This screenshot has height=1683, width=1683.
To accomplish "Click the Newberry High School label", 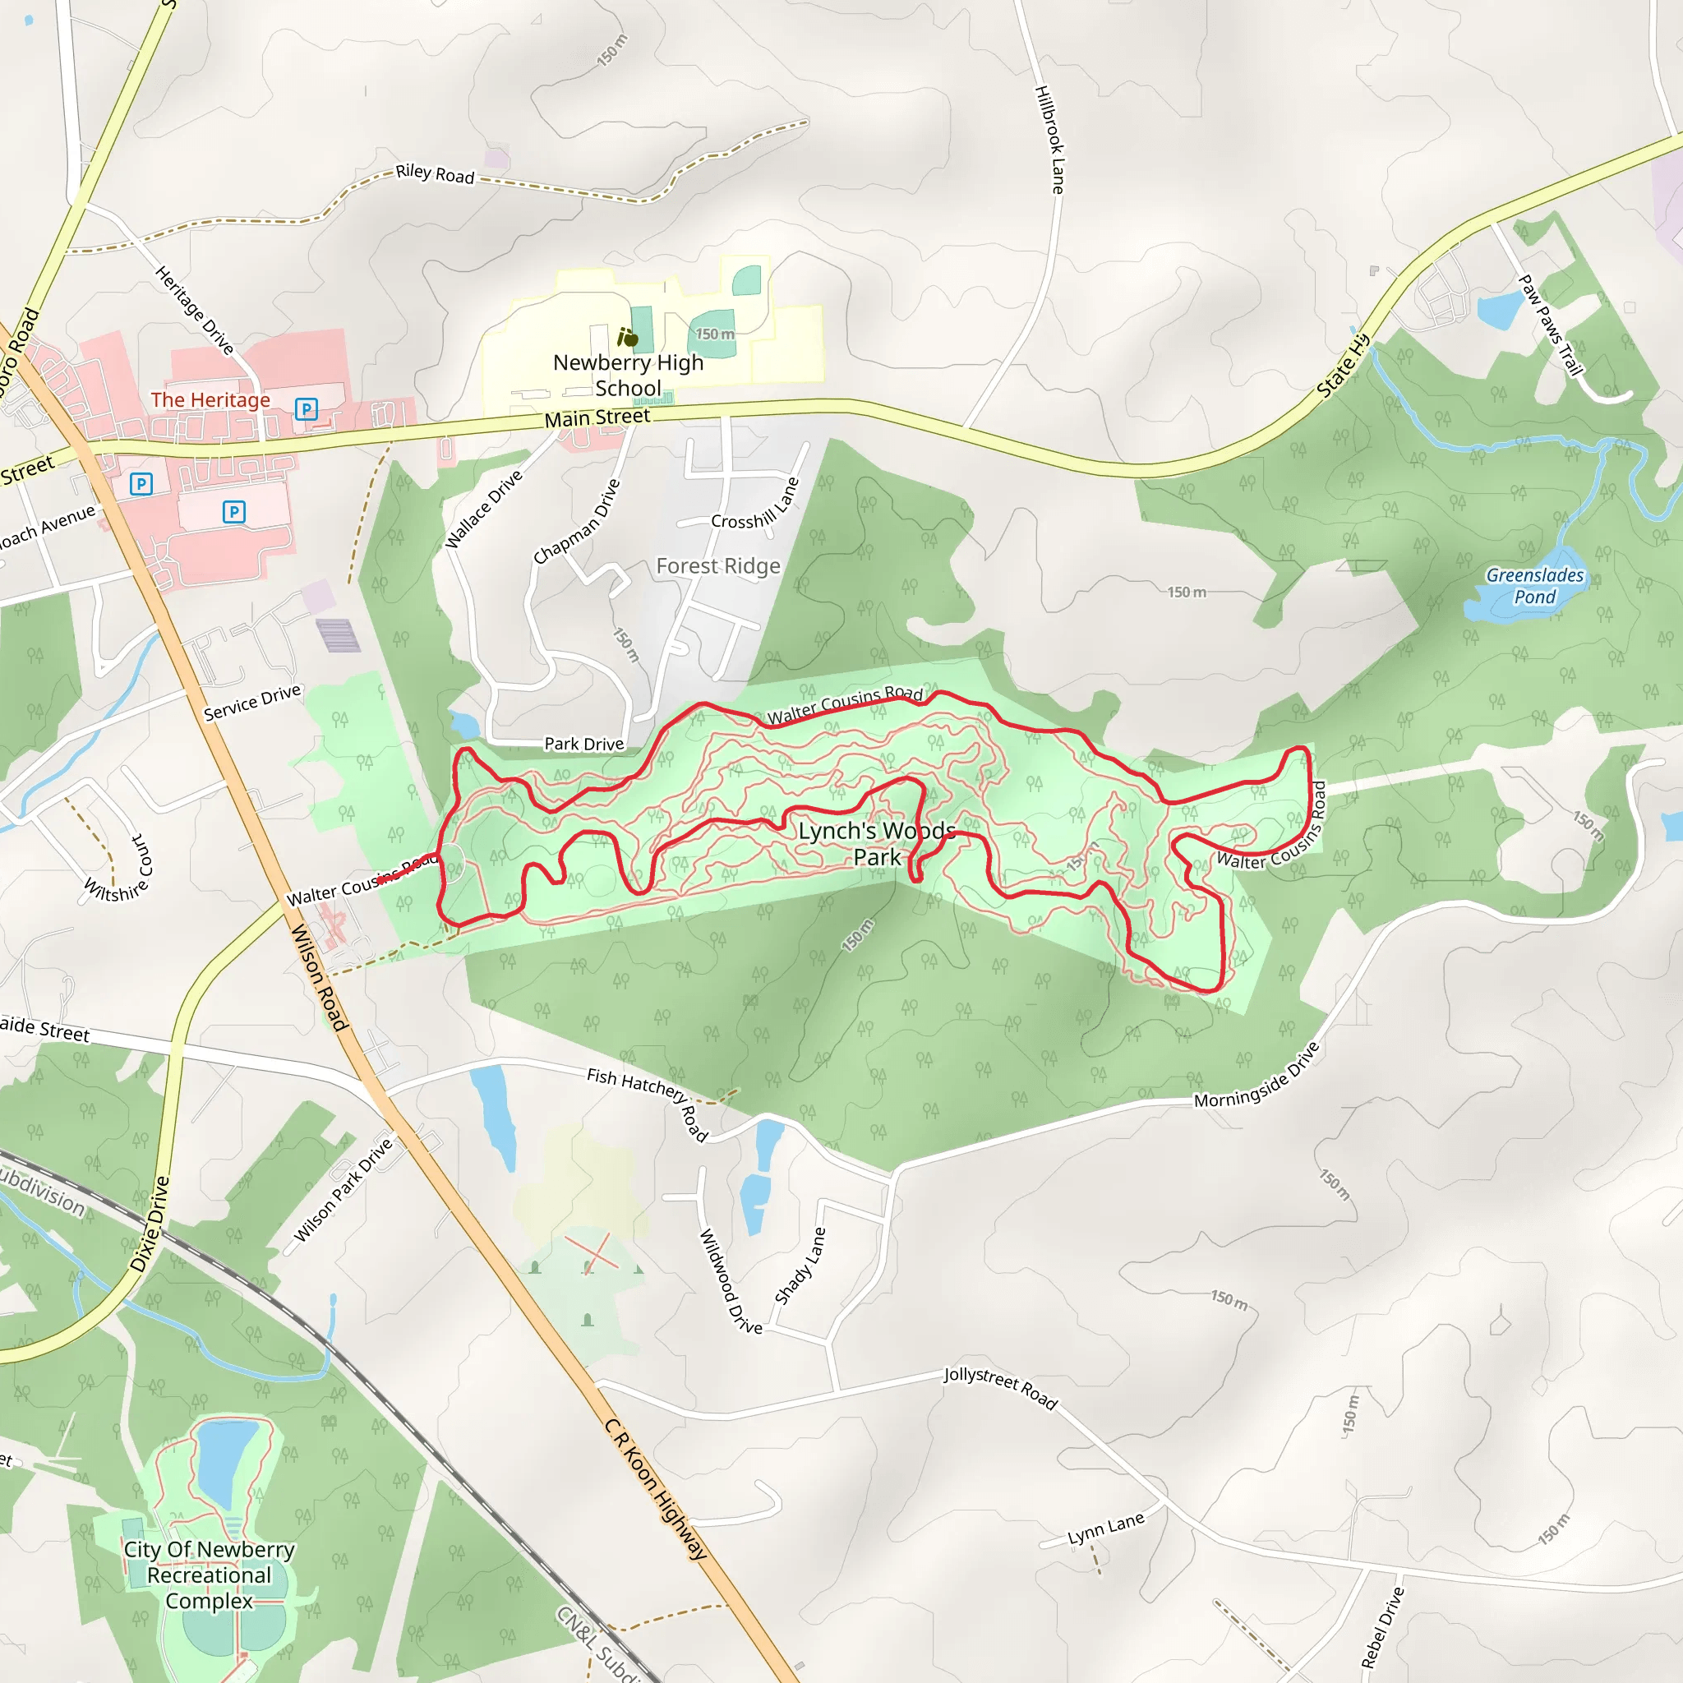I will point(628,376).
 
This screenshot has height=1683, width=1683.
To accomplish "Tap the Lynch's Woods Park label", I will point(876,843).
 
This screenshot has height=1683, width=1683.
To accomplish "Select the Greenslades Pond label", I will point(1534,586).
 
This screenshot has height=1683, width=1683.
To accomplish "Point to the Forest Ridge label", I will point(717,566).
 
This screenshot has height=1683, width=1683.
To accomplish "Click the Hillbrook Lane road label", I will point(1049,140).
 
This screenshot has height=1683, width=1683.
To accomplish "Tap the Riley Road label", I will point(435,174).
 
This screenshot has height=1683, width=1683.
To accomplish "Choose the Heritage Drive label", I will point(194,311).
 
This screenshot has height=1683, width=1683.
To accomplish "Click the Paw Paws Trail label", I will point(1550,325).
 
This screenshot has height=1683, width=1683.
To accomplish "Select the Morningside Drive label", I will point(1257,1075).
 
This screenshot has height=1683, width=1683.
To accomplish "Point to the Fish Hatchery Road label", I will point(648,1101).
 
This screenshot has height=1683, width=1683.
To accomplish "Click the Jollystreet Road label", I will point(1000,1387).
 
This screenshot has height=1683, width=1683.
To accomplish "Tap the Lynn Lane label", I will point(1105,1529).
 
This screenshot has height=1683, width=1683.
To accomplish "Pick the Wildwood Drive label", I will point(730,1281).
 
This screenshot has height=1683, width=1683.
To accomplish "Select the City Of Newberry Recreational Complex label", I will point(209,1575).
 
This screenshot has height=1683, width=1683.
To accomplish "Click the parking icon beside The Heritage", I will point(306,408).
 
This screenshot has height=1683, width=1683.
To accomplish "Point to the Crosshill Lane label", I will point(755,505).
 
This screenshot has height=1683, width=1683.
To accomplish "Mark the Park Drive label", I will point(583,744).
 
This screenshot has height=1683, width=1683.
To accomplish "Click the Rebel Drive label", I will point(1382,1626).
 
